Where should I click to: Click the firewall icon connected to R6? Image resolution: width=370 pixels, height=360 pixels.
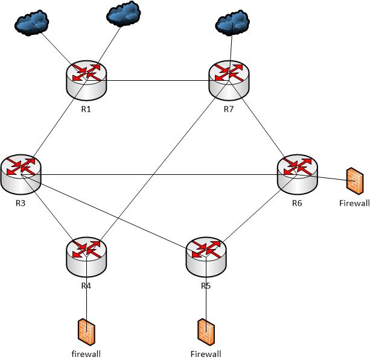point(354,181)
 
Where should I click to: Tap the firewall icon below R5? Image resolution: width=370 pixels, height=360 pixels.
point(205,332)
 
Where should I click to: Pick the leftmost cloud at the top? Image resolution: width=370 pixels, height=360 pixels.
point(34,23)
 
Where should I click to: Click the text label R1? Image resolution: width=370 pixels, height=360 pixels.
point(86,109)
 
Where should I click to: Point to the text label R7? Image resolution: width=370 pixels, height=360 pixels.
point(229,109)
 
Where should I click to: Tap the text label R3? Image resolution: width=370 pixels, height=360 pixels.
point(21,203)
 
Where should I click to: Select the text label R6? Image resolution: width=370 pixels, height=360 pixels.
point(297,203)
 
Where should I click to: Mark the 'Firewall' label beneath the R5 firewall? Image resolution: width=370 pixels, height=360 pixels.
point(206,354)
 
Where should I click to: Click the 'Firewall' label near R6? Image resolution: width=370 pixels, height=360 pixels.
point(354,203)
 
